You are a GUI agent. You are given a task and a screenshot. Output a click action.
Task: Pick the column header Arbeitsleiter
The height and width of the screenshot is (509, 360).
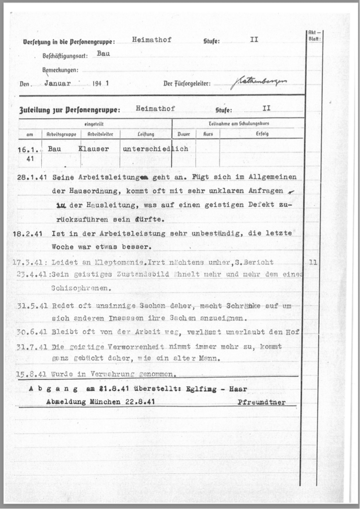click(x=100, y=134)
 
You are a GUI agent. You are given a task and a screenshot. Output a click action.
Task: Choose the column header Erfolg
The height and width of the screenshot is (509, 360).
click(x=262, y=134)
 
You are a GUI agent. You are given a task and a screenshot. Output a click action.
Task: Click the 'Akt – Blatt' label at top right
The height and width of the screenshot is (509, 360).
click(x=315, y=36)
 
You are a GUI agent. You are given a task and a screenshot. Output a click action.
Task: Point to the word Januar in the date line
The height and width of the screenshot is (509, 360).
click(x=57, y=83)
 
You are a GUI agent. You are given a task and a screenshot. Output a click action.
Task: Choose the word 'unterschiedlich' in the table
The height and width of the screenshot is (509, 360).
click(x=155, y=149)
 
